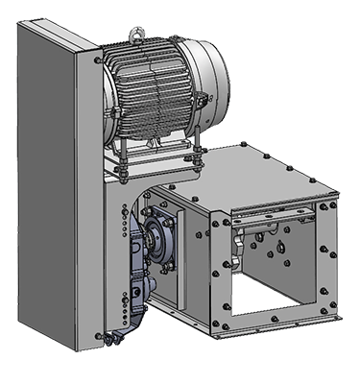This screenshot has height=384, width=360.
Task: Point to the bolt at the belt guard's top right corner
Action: coord(99,60)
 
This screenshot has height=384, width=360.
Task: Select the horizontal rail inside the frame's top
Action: coord(278,216)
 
